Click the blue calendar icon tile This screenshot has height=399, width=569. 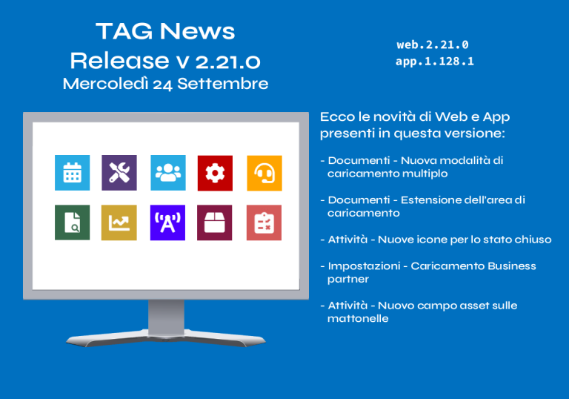coord(72,173)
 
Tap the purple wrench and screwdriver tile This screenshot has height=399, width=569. coord(119,173)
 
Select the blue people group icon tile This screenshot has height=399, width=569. coord(168,173)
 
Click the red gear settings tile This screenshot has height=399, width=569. coord(215,173)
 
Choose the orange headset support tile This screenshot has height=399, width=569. coord(264,173)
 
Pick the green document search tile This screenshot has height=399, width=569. coord(72,222)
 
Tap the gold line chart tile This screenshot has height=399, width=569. coord(119,222)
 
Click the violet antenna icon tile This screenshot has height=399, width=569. coord(167,222)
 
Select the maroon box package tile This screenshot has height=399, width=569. coord(214,222)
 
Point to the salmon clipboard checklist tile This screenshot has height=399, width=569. coord(264,222)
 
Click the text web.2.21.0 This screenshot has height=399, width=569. coord(433,44)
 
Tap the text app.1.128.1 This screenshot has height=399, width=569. coord(435,62)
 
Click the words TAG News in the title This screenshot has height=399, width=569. coord(165,31)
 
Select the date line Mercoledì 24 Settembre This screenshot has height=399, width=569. coord(165,84)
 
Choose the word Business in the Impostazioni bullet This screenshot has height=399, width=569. coord(512,266)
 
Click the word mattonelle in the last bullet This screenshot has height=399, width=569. coord(358,319)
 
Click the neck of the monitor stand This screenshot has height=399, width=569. coord(166,316)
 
